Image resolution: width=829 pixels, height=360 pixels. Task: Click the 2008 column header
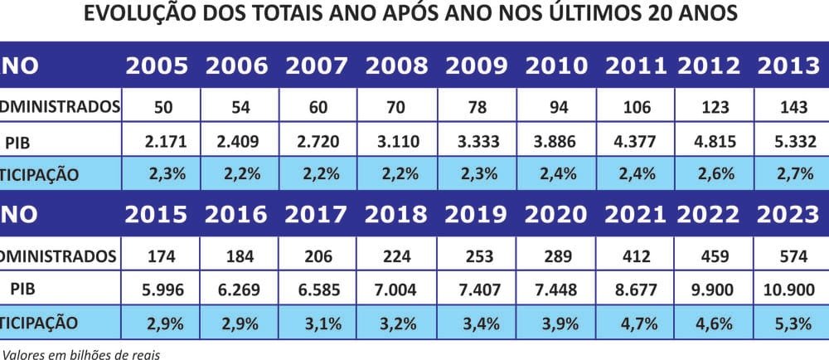tap(396, 67)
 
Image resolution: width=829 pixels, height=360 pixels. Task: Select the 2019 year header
tap(477, 214)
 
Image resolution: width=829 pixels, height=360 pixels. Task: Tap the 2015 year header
tap(157, 214)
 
